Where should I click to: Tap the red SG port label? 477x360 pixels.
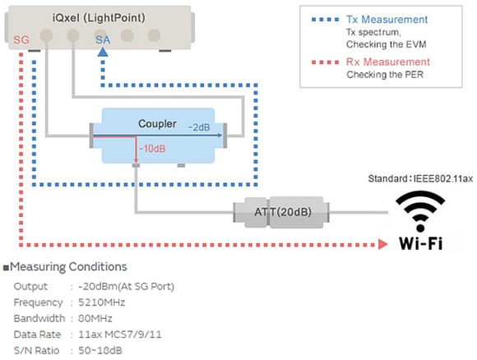(x=23, y=39)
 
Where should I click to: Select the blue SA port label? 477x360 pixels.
(x=102, y=39)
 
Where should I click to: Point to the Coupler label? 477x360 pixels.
(x=157, y=124)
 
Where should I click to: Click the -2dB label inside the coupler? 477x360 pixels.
(x=198, y=128)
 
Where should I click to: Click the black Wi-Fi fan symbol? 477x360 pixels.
(x=422, y=213)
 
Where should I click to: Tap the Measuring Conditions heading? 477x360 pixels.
(x=68, y=267)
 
